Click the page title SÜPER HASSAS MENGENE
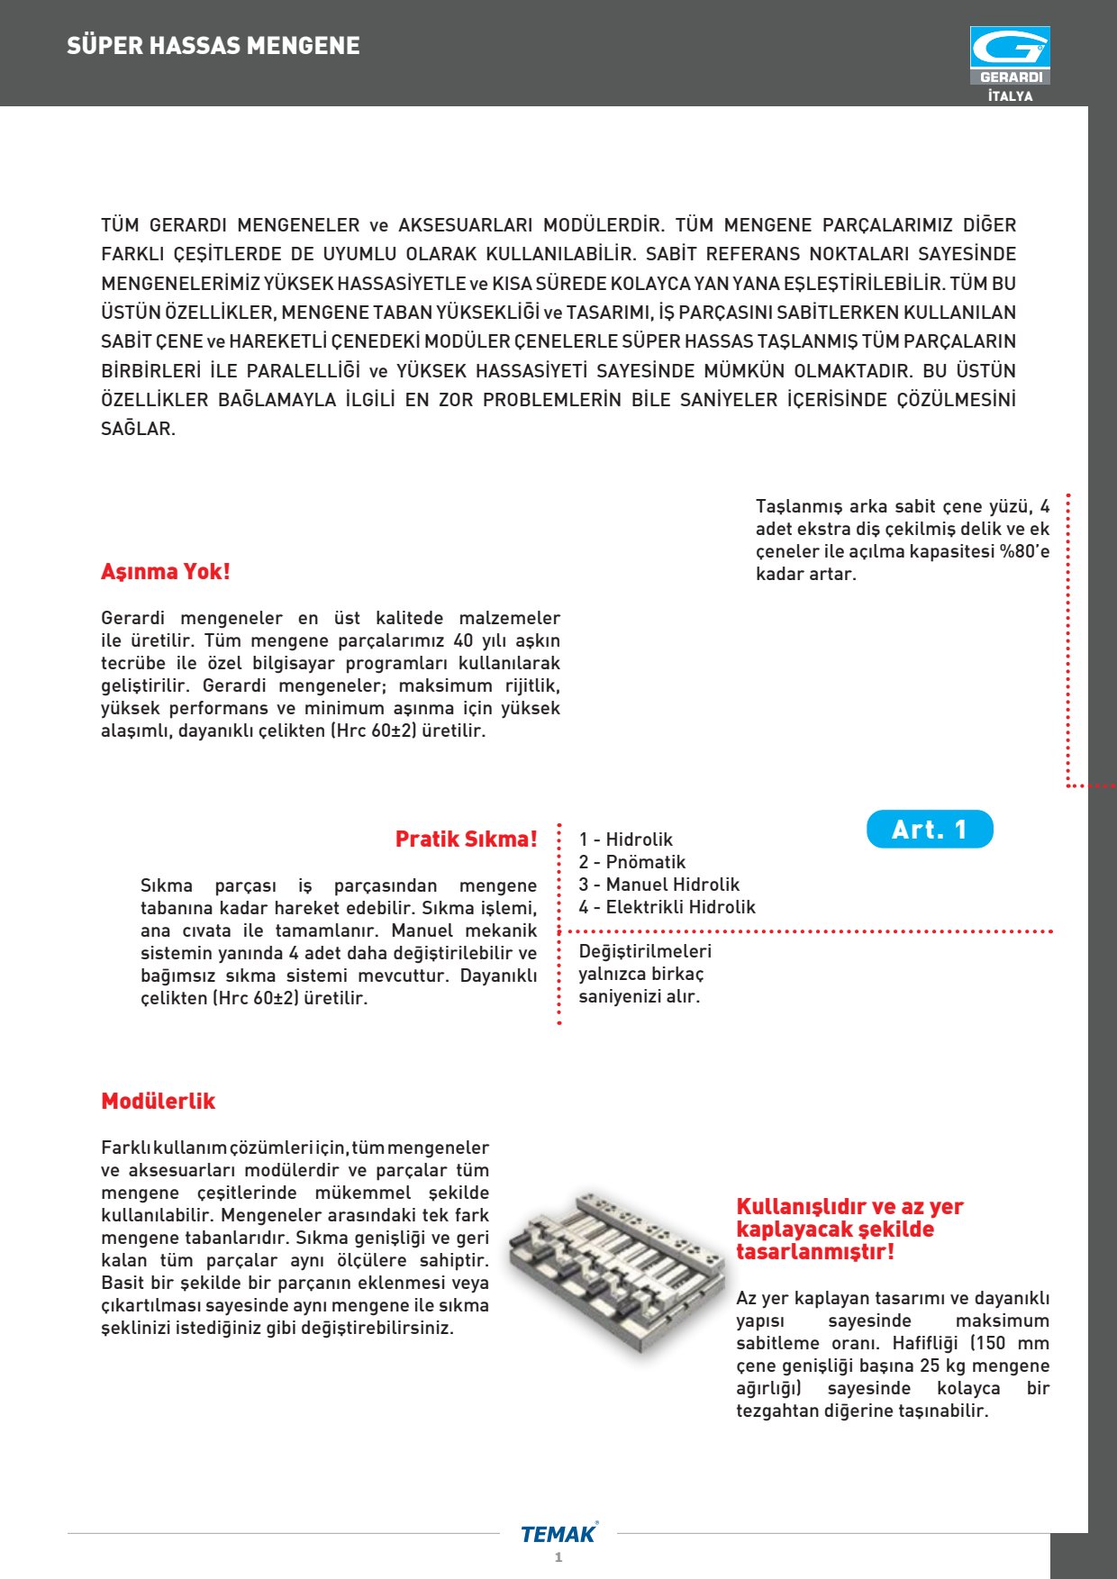click(x=213, y=46)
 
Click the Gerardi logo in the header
click(x=1010, y=55)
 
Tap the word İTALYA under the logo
click(x=1010, y=96)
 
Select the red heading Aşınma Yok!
click(x=166, y=572)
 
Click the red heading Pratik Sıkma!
click(x=466, y=839)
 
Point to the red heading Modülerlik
click(x=159, y=1102)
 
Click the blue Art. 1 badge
click(x=930, y=830)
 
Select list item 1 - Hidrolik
click(x=626, y=839)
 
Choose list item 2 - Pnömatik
click(x=632, y=862)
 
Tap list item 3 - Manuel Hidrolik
click(x=659, y=885)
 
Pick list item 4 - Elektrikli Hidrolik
click(x=667, y=907)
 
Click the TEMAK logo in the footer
click(x=558, y=1534)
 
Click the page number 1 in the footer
click(x=558, y=1557)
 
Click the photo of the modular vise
click(x=615, y=1270)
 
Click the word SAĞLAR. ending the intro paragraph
click(x=138, y=429)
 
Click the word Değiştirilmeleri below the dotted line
click(x=645, y=951)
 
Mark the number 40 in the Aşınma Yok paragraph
click(x=463, y=640)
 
